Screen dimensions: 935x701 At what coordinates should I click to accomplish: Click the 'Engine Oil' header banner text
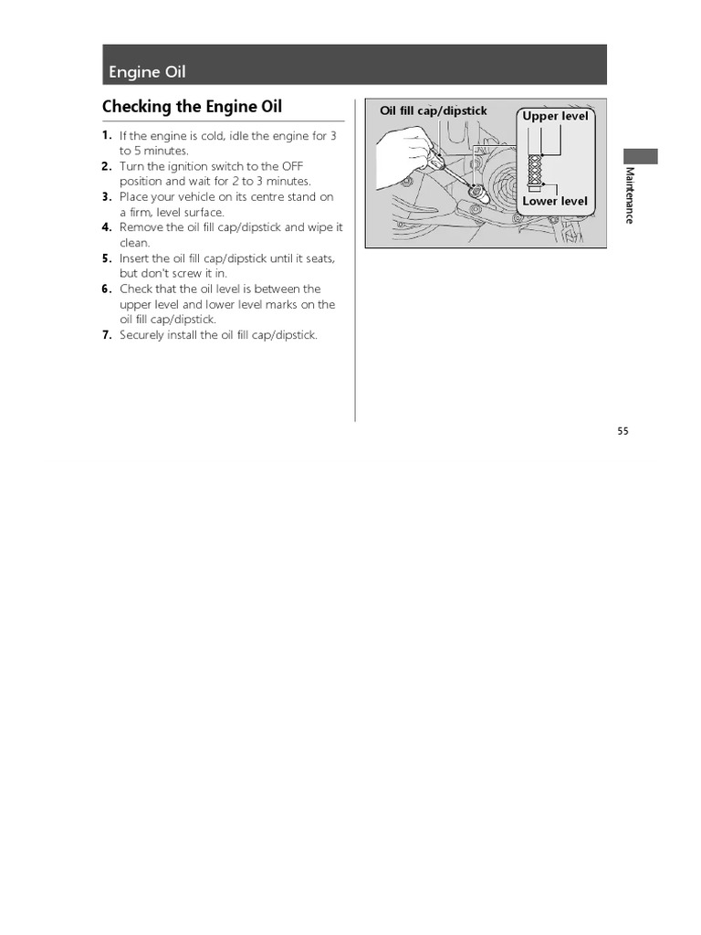pyautogui.click(x=147, y=72)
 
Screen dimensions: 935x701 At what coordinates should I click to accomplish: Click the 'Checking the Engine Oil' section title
pyautogui.click(x=193, y=107)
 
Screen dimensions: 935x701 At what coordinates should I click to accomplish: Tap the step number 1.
pyautogui.click(x=107, y=135)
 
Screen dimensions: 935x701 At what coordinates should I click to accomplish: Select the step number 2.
pyautogui.click(x=107, y=166)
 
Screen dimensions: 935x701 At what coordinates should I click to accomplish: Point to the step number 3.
pyautogui.click(x=107, y=196)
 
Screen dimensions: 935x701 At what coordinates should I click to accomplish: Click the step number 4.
pyautogui.click(x=107, y=227)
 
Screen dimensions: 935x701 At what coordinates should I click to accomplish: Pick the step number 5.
pyautogui.click(x=107, y=258)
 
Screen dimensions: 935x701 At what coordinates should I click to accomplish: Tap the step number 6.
pyautogui.click(x=107, y=289)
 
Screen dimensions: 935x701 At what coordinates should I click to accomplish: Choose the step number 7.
pyautogui.click(x=107, y=335)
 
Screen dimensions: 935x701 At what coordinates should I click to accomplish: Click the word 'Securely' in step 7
pyautogui.click(x=141, y=335)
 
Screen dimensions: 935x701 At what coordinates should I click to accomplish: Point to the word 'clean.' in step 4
pyautogui.click(x=134, y=243)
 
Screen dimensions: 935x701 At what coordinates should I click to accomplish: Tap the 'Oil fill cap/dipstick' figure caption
pyautogui.click(x=434, y=111)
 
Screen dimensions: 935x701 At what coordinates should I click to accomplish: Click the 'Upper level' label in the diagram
pyautogui.click(x=555, y=117)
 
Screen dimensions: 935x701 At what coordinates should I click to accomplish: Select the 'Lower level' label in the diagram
pyautogui.click(x=555, y=201)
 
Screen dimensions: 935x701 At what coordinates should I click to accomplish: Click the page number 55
pyautogui.click(x=623, y=432)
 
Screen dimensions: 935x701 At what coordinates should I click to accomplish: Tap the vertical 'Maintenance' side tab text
pyautogui.click(x=629, y=195)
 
